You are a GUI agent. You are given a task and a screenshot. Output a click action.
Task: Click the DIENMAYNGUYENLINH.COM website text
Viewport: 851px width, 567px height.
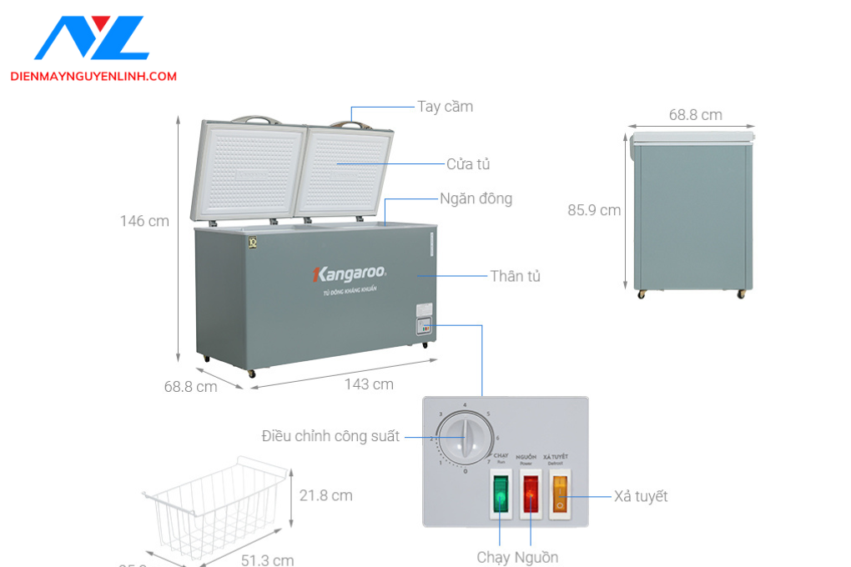coord(93,77)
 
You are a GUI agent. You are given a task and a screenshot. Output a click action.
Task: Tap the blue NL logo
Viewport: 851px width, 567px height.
coord(92,38)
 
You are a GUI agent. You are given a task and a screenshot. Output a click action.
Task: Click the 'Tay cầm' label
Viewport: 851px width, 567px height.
coord(445,107)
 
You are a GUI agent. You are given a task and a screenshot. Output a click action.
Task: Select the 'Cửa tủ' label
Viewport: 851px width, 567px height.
coord(467,164)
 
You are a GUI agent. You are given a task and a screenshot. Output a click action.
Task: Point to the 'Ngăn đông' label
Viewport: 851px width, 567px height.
coord(476,199)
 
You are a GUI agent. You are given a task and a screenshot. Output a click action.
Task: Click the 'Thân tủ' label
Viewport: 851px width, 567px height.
coord(515,276)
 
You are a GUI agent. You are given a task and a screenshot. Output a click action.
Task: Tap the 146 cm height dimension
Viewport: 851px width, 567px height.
coord(144,221)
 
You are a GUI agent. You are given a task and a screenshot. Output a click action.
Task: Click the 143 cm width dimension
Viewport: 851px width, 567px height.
coord(369,384)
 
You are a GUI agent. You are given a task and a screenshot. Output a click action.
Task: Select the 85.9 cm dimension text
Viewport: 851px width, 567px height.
coord(594,210)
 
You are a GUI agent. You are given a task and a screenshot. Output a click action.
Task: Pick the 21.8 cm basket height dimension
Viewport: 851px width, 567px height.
coord(325,495)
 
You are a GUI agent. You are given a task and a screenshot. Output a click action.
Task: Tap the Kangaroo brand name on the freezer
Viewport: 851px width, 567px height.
coord(348,273)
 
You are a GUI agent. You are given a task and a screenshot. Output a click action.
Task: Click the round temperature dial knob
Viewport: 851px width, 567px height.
coord(462,435)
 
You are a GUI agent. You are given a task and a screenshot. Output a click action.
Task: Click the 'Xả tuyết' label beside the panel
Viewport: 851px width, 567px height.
coord(641,496)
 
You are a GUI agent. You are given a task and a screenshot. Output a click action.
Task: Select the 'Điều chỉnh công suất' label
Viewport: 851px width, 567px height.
coord(330,436)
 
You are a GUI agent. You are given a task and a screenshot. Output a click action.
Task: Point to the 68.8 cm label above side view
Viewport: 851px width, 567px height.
coord(695,115)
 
